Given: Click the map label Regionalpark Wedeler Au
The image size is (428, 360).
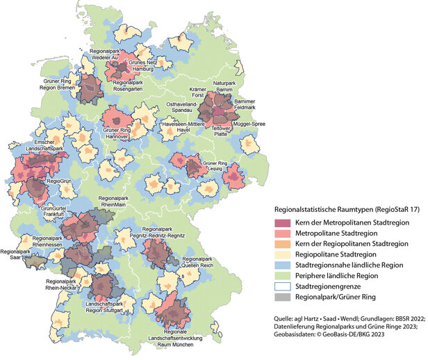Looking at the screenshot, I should pyautogui.click(x=106, y=55).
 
